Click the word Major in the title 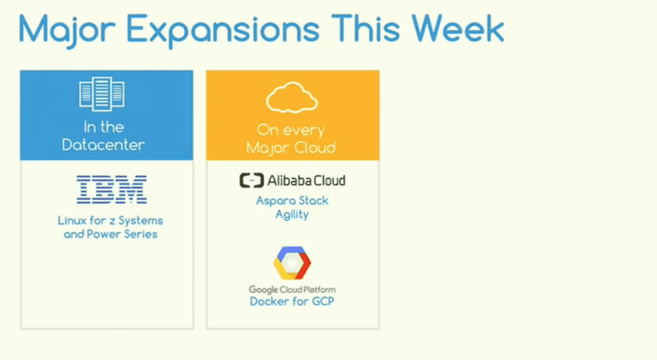point(66,30)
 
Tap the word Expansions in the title point(223,30)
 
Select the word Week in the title point(458,29)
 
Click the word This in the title point(366,29)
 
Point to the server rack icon point(102,94)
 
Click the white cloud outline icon point(291,97)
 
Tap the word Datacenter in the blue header point(103,145)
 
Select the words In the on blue point(104,127)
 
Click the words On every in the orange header point(291,130)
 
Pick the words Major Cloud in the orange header point(291,148)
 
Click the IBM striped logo point(112,189)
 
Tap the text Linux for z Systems point(110,220)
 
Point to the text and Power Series point(111,234)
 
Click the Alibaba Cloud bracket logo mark point(251,180)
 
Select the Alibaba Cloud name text point(307,180)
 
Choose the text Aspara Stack point(292,200)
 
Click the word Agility point(292,215)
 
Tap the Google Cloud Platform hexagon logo point(292,263)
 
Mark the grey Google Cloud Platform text point(292,290)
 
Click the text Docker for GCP point(292,301)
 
